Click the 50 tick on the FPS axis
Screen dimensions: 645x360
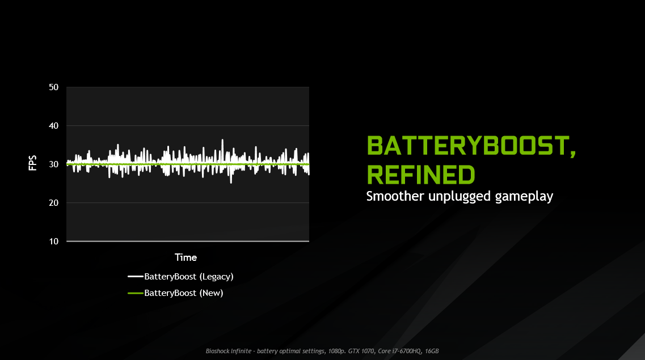click(x=53, y=87)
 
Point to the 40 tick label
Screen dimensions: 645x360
click(x=53, y=126)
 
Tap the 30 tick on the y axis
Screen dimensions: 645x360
click(x=53, y=164)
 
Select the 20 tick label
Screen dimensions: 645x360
click(x=53, y=202)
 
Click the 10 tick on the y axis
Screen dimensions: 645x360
click(x=53, y=242)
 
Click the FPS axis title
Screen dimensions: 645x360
click(x=32, y=163)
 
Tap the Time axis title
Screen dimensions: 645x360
click(x=186, y=257)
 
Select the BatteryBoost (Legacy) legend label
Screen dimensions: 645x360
click(x=189, y=277)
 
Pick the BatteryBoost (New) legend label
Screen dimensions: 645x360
click(x=183, y=293)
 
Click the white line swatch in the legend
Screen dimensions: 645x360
click(x=136, y=277)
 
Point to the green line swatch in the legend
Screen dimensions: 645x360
click(x=136, y=293)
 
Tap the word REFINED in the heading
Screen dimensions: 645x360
click(x=421, y=175)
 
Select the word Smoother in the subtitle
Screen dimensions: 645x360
click(x=395, y=196)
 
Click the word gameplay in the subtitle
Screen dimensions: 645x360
click(x=524, y=197)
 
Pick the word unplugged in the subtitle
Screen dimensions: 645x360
click(x=459, y=197)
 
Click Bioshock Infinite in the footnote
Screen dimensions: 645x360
click(x=228, y=351)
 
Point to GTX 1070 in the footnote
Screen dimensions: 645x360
click(x=361, y=351)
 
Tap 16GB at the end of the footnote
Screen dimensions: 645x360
click(x=432, y=351)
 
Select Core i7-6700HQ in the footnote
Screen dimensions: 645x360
click(x=399, y=351)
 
